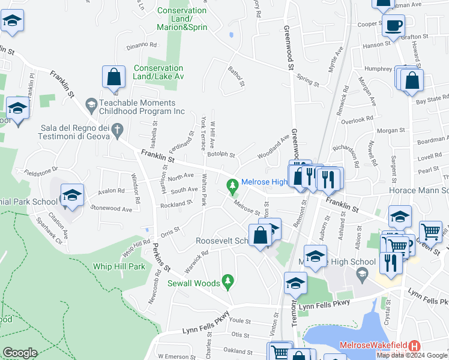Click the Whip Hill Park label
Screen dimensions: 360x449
(120, 266)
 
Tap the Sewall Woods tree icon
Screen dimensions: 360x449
(227, 280)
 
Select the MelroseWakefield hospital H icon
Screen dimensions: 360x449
(414, 346)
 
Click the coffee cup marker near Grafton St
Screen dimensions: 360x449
(393, 26)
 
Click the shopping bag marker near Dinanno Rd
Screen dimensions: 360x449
(113, 77)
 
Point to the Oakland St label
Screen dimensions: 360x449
(239, 350)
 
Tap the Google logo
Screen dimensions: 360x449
(20, 353)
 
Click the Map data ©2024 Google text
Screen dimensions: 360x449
(412, 355)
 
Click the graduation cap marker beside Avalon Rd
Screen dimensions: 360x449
(72, 196)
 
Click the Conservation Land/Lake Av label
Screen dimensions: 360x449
(158, 72)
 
